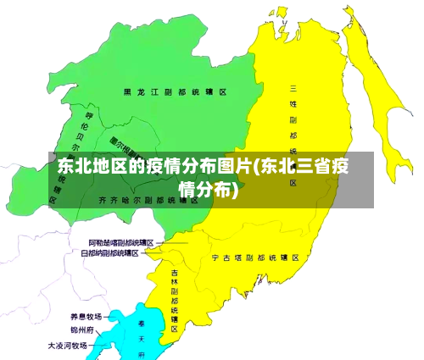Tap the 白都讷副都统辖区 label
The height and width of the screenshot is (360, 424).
point(109,252)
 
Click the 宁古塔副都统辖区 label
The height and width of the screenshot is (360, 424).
point(254,256)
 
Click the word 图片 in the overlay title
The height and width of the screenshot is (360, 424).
point(235,165)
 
